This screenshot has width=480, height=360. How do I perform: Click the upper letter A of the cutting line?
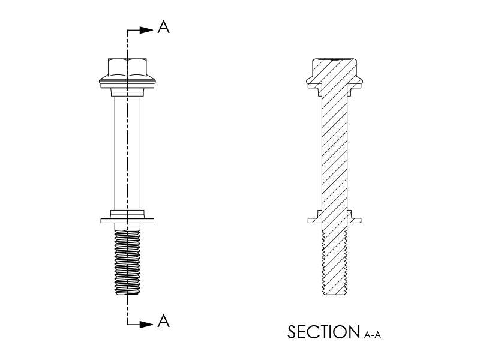pyautogui.click(x=163, y=27)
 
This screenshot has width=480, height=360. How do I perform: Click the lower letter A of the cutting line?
pyautogui.click(x=163, y=321)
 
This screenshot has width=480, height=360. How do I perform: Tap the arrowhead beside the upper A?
pyautogui.click(x=146, y=30)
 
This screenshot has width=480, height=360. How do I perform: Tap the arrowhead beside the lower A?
pyautogui.click(x=146, y=324)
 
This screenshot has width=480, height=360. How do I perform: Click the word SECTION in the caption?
pyautogui.click(x=324, y=332)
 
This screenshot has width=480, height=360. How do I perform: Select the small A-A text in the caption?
pyautogui.click(x=373, y=335)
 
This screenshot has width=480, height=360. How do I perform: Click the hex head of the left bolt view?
pyautogui.click(x=127, y=67)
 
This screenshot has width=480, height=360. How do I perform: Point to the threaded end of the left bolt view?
pyautogui.click(x=127, y=262)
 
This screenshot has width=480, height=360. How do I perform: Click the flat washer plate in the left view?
pyautogui.click(x=127, y=220)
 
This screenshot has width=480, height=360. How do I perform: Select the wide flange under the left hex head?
pyautogui.click(x=127, y=82)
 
